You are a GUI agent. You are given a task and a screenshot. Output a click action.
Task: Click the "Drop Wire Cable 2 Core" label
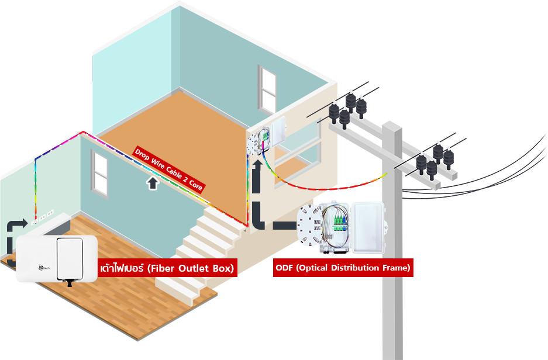169,170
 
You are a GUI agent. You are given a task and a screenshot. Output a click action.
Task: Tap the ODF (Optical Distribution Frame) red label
343,268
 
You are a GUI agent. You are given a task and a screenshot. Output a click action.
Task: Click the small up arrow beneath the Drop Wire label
153,184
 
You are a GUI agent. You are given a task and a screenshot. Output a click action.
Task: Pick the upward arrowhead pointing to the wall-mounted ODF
258,168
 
